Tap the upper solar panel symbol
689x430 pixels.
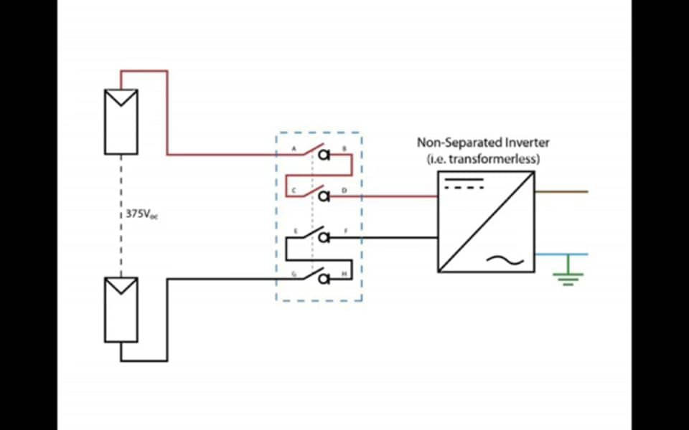(x=121, y=122)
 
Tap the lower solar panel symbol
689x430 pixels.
(x=121, y=310)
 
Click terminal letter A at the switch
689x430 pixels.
(x=294, y=148)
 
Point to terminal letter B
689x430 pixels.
(x=344, y=148)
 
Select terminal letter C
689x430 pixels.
(x=294, y=190)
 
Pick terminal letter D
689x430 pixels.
(x=344, y=190)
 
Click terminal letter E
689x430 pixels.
(x=294, y=231)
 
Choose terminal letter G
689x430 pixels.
(x=294, y=273)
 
